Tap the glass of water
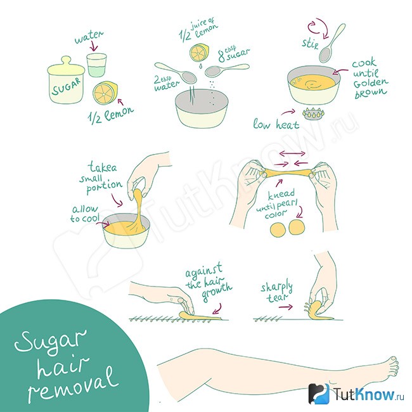[96, 65]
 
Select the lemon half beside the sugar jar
[105, 93]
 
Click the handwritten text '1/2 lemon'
[111, 115]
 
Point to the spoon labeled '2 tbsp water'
[176, 72]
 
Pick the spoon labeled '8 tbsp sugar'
[226, 70]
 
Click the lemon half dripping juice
[199, 53]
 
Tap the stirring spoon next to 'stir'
[332, 43]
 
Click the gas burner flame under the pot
[313, 114]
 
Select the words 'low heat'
[276, 124]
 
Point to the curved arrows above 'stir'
[318, 28]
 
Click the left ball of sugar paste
[278, 229]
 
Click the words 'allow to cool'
[85, 214]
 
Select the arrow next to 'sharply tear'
[286, 307]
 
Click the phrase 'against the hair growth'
[209, 283]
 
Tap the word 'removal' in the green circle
[73, 385]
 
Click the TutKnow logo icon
[319, 394]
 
